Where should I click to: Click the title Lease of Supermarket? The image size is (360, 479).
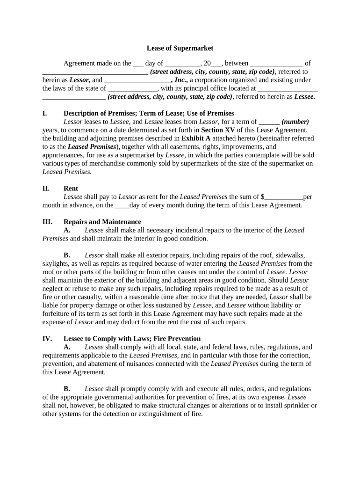(180, 48)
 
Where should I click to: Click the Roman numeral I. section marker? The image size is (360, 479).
(45, 114)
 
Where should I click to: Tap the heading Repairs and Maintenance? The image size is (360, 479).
(102, 222)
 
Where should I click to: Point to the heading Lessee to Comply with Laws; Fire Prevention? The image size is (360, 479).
(132, 339)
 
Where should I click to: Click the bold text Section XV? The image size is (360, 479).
(218, 130)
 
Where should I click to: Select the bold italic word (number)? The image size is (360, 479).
(295, 122)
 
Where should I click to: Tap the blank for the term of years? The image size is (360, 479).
(269, 122)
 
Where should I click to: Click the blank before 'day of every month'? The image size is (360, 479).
(122, 205)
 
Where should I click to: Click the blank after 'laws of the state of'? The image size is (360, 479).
(132, 88)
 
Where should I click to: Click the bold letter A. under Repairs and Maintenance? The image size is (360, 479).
(67, 230)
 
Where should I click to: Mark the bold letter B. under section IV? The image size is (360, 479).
(67, 389)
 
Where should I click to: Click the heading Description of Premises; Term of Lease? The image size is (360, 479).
(149, 114)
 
